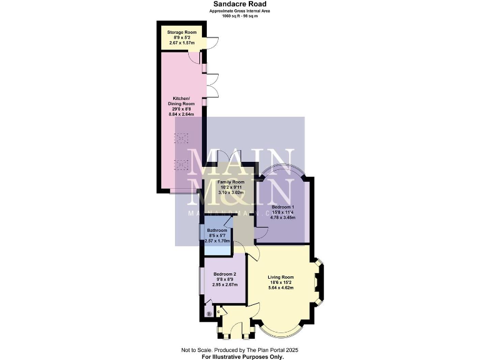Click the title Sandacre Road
click(x=239, y=4)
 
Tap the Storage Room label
click(x=181, y=32)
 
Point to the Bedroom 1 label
click(x=282, y=206)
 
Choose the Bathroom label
click(x=219, y=231)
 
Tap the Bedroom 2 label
click(x=225, y=274)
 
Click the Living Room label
click(x=281, y=277)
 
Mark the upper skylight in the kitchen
click(x=181, y=138)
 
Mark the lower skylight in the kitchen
click(x=181, y=164)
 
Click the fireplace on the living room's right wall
click(x=321, y=281)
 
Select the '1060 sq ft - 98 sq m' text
click(x=239, y=15)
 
